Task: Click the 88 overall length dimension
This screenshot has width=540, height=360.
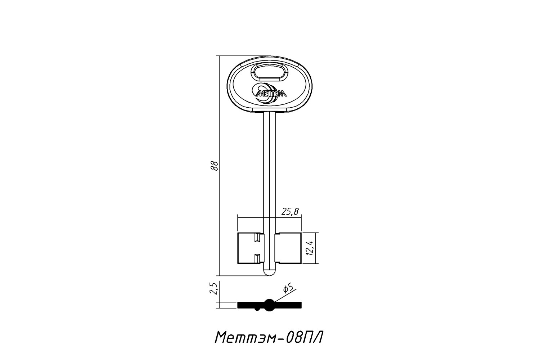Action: click(x=214, y=166)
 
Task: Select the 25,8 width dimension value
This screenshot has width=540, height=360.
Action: click(x=290, y=212)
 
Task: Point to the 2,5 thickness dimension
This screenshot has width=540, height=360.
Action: click(x=214, y=288)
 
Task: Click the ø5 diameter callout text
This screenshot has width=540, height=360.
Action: click(x=288, y=289)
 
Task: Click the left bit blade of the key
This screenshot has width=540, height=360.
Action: click(x=251, y=248)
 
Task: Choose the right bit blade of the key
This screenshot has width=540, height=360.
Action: click(x=288, y=248)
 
